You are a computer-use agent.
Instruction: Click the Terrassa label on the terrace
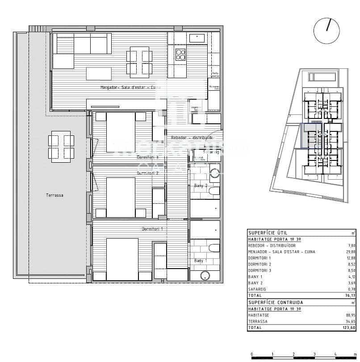click(54, 195)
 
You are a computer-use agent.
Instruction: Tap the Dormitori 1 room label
click(152, 229)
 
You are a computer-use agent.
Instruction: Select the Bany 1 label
click(201, 261)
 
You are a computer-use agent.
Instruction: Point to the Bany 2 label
click(201, 185)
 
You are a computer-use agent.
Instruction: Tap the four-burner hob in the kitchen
click(180, 55)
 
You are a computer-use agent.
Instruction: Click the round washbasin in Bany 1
click(205, 276)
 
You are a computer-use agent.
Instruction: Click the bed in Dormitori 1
click(122, 259)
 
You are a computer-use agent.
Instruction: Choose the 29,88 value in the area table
click(350, 252)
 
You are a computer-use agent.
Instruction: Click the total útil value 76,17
click(350, 295)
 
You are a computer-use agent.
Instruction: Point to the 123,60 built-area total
click(349, 328)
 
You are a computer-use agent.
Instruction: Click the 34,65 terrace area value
click(350, 321)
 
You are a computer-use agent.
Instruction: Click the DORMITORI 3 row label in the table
click(260, 270)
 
